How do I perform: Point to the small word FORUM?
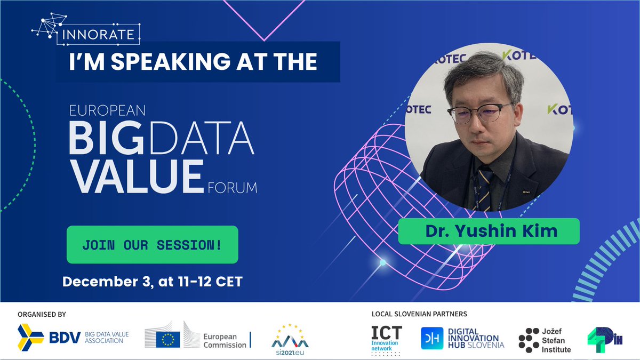[231, 188]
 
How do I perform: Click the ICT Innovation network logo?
[387, 339]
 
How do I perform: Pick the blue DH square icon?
[431, 338]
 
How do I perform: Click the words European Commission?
[225, 340]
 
